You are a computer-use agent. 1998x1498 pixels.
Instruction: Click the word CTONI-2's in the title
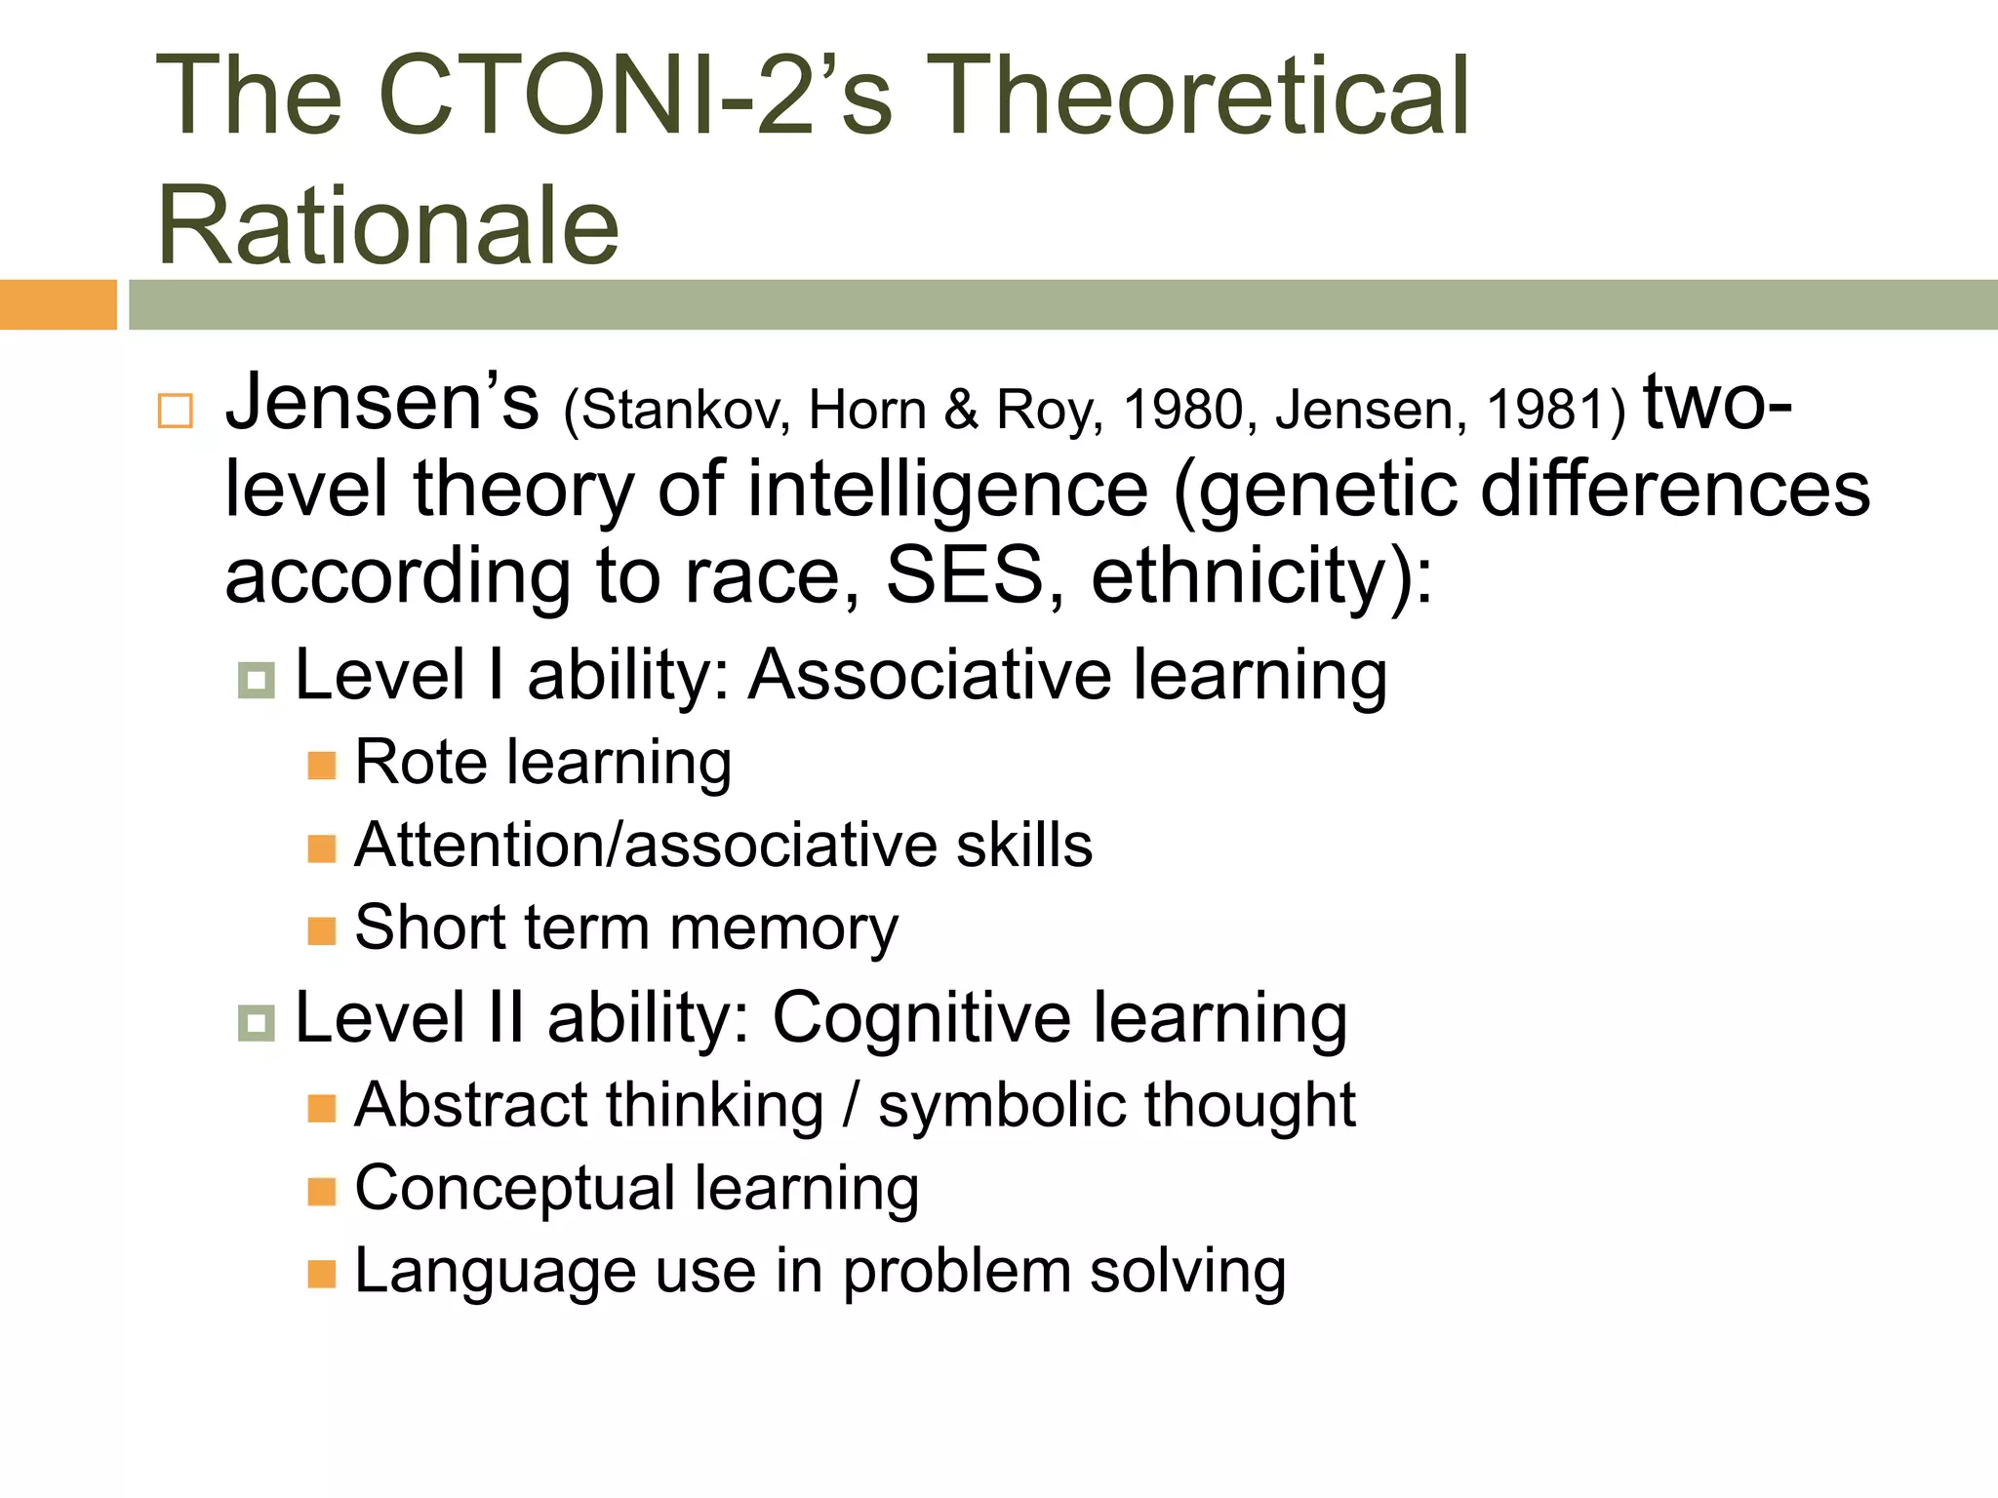634,96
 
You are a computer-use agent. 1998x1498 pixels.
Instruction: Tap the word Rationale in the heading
388,226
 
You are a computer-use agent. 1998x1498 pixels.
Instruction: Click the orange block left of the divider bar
58,304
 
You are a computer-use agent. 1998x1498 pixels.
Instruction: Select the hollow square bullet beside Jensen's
176,411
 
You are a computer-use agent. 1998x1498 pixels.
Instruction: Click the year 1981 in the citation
1545,410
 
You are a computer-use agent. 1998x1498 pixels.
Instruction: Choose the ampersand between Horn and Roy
961,410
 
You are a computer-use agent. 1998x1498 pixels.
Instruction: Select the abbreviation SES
964,575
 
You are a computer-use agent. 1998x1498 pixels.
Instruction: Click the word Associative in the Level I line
930,675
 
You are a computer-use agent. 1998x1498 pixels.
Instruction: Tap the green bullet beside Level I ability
257,680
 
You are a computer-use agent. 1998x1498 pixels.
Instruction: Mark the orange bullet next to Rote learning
321,766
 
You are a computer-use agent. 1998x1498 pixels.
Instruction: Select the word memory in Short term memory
783,928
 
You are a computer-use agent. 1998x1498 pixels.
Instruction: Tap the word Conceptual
515,1189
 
